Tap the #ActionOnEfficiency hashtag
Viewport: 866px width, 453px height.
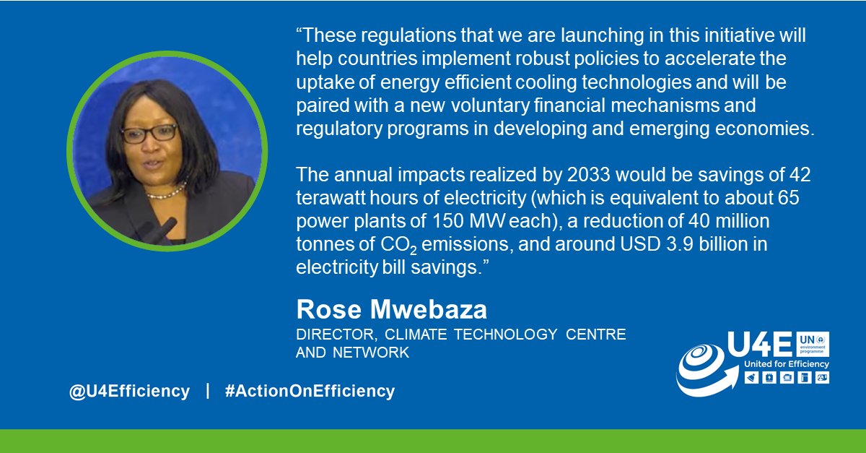pyautogui.click(x=310, y=392)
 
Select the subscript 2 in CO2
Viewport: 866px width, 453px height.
pyautogui.click(x=414, y=250)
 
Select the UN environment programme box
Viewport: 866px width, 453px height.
pyautogui.click(x=813, y=342)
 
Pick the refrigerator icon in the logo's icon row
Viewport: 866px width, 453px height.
pyautogui.click(x=804, y=377)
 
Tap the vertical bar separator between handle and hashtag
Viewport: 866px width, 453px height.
pyautogui.click(x=208, y=392)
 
